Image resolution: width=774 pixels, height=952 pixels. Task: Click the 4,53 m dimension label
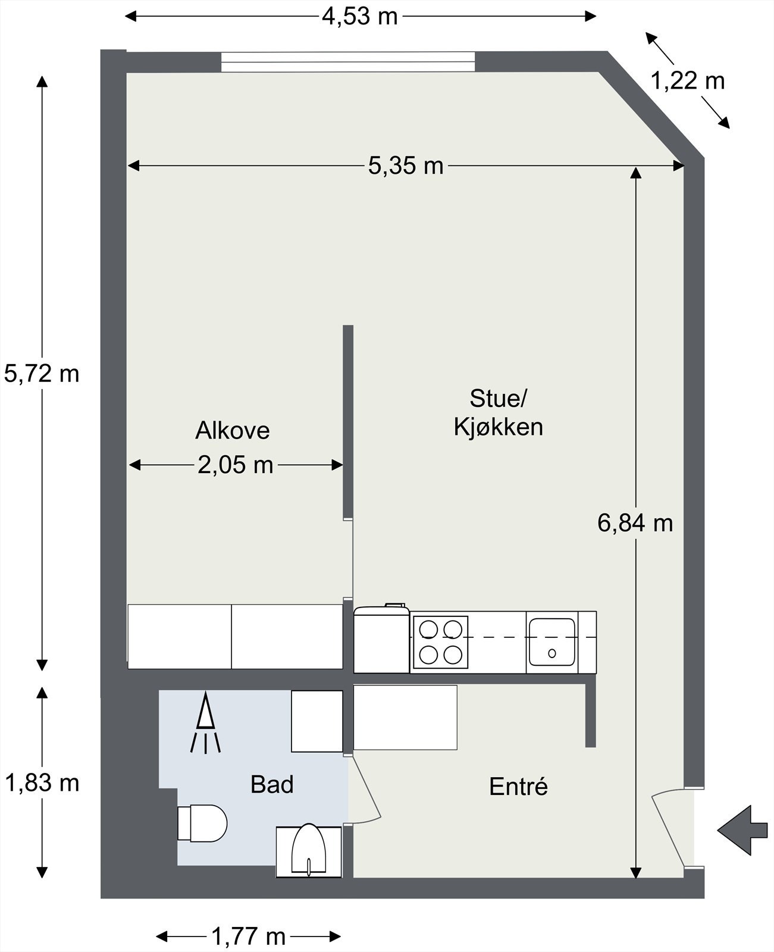(x=360, y=17)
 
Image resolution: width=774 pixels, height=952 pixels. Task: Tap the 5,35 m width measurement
(x=406, y=166)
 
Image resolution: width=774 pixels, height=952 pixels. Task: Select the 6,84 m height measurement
(x=635, y=523)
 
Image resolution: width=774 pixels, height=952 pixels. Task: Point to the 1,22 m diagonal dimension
(x=687, y=82)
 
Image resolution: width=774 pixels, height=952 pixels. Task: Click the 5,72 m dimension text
(x=42, y=374)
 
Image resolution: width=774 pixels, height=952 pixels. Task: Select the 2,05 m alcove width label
(x=236, y=465)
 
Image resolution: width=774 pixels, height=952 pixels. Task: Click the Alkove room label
(x=233, y=430)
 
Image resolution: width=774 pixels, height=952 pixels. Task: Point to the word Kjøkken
(x=499, y=427)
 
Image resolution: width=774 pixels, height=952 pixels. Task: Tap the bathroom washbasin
(x=309, y=851)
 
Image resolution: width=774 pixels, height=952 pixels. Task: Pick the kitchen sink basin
(x=552, y=642)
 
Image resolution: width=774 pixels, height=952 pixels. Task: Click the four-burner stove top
(x=441, y=642)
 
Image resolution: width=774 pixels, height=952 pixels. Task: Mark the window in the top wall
(x=347, y=62)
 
